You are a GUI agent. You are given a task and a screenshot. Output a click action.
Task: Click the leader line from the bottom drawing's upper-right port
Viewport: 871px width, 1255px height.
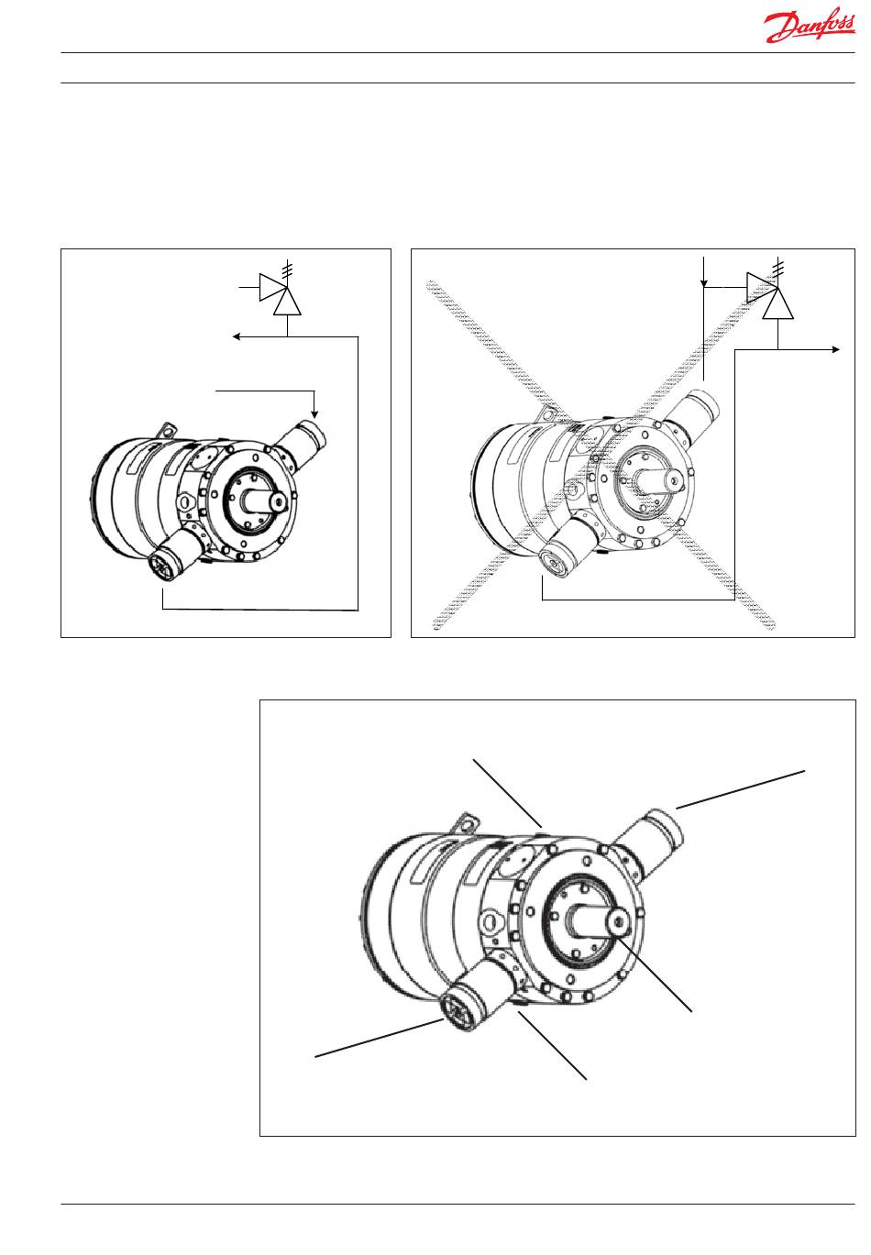tap(743, 788)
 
